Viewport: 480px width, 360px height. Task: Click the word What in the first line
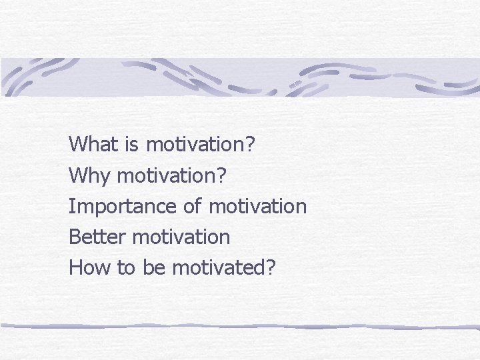pyautogui.click(x=91, y=144)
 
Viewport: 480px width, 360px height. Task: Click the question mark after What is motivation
pyautogui.click(x=250, y=144)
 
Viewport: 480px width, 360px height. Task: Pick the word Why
pyautogui.click(x=89, y=176)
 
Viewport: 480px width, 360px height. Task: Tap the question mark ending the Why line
pyautogui.click(x=222, y=176)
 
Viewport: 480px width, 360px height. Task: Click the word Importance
pyautogui.click(x=123, y=207)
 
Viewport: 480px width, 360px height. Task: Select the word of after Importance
pyautogui.click(x=192, y=207)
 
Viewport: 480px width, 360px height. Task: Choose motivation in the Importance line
pyautogui.click(x=257, y=207)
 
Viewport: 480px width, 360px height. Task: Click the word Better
pyautogui.click(x=98, y=237)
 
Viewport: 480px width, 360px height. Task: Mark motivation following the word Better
pyautogui.click(x=181, y=237)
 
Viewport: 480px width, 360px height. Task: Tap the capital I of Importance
pyautogui.click(x=71, y=207)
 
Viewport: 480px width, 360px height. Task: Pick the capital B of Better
pyautogui.click(x=74, y=237)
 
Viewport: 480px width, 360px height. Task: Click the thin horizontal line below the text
pyautogui.click(x=240, y=326)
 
